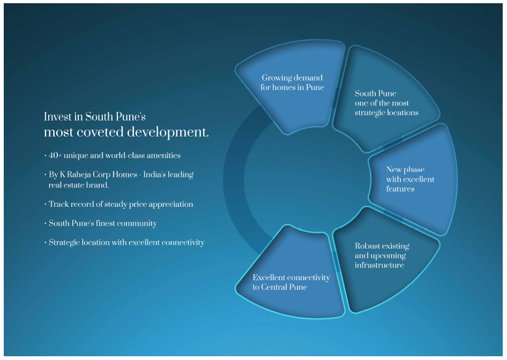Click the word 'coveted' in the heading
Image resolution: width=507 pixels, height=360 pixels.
100,132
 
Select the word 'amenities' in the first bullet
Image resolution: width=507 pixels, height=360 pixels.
163,155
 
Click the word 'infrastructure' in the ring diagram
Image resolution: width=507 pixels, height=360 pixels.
379,265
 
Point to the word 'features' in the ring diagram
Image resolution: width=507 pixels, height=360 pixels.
400,189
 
